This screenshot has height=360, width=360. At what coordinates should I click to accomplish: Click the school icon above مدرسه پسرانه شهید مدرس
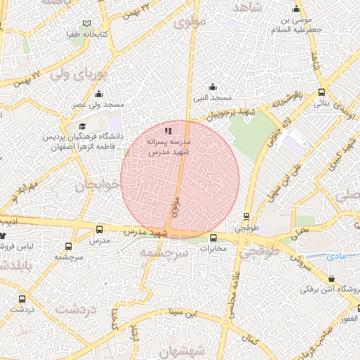(x=167, y=130)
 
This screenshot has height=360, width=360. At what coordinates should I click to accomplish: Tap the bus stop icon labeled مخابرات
(x=214, y=238)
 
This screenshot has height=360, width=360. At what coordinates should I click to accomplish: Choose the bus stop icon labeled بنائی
(x=321, y=92)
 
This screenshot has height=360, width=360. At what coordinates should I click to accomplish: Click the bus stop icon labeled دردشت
(x=15, y=298)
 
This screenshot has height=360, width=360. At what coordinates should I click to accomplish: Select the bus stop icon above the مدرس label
(x=98, y=229)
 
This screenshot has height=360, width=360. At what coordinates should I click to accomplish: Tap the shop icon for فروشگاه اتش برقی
(x=331, y=278)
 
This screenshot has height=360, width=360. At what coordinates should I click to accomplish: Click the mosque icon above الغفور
(x=357, y=307)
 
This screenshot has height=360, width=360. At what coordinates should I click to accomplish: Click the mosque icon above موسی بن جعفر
(x=296, y=9)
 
